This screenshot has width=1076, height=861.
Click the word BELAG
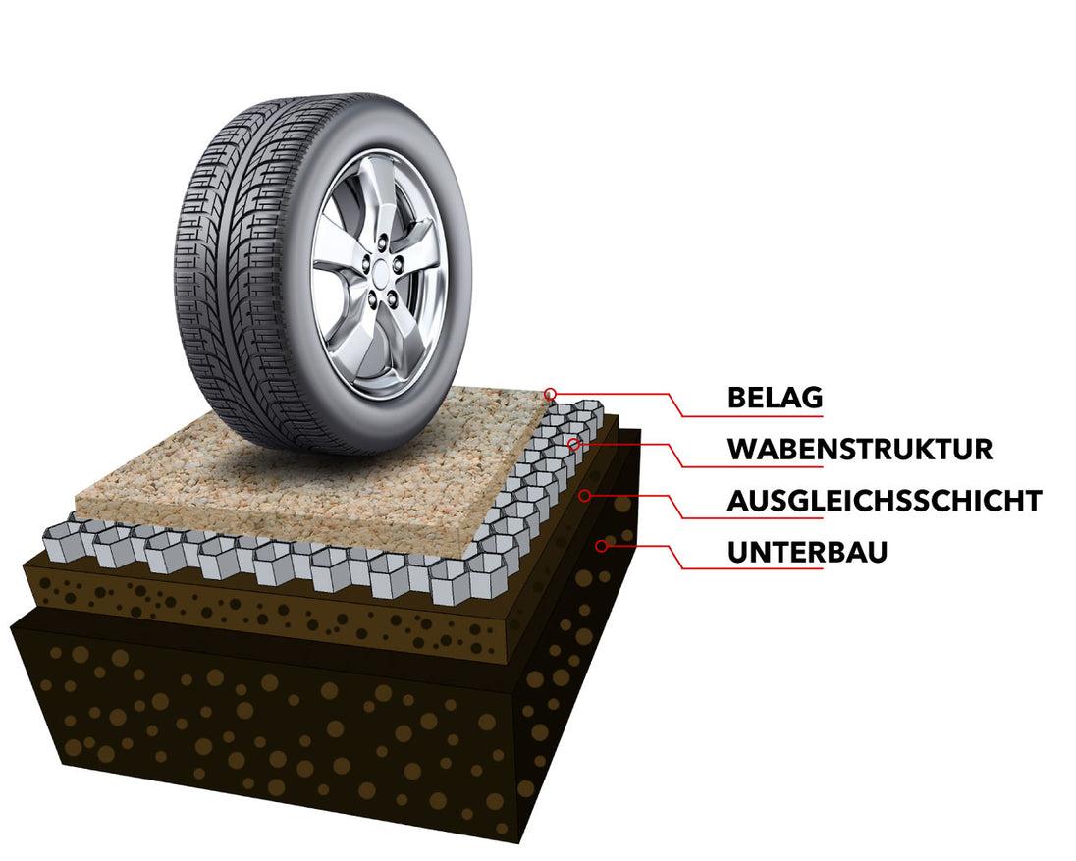click(775, 398)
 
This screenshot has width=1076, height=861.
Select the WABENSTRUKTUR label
click(859, 449)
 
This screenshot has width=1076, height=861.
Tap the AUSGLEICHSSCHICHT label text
click(884, 500)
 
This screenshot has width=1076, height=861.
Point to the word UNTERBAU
click(807, 552)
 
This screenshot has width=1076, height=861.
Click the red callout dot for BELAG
click(551, 394)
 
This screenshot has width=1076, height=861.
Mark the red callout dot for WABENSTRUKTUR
click(574, 445)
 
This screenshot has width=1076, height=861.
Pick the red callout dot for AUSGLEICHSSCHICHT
click(584, 496)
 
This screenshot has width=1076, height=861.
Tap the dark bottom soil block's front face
click(245, 726)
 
